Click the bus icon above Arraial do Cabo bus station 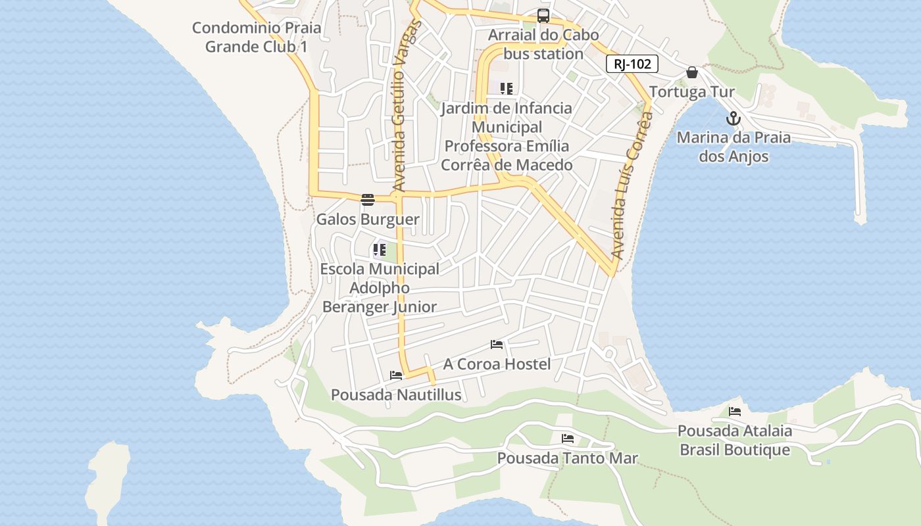point(543,16)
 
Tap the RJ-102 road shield point(632,64)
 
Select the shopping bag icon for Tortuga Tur point(691,72)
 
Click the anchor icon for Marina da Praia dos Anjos point(733,119)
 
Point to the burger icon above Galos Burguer point(368,200)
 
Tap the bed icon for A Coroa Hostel point(497,345)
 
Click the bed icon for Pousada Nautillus point(396,375)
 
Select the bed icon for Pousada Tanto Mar point(568,439)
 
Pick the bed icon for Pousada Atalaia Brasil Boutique point(735,412)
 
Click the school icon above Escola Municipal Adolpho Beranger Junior point(379,250)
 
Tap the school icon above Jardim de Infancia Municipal point(506,89)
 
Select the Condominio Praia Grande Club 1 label point(257,37)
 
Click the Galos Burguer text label point(368,220)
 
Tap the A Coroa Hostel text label point(497,364)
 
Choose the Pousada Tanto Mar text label point(568,458)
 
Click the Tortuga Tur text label point(691,92)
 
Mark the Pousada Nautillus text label point(396,395)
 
